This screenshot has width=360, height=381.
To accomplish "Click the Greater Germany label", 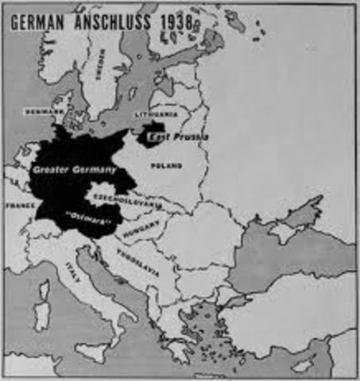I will click(x=74, y=169).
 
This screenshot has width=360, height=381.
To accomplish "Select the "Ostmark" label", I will click(x=95, y=215).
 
